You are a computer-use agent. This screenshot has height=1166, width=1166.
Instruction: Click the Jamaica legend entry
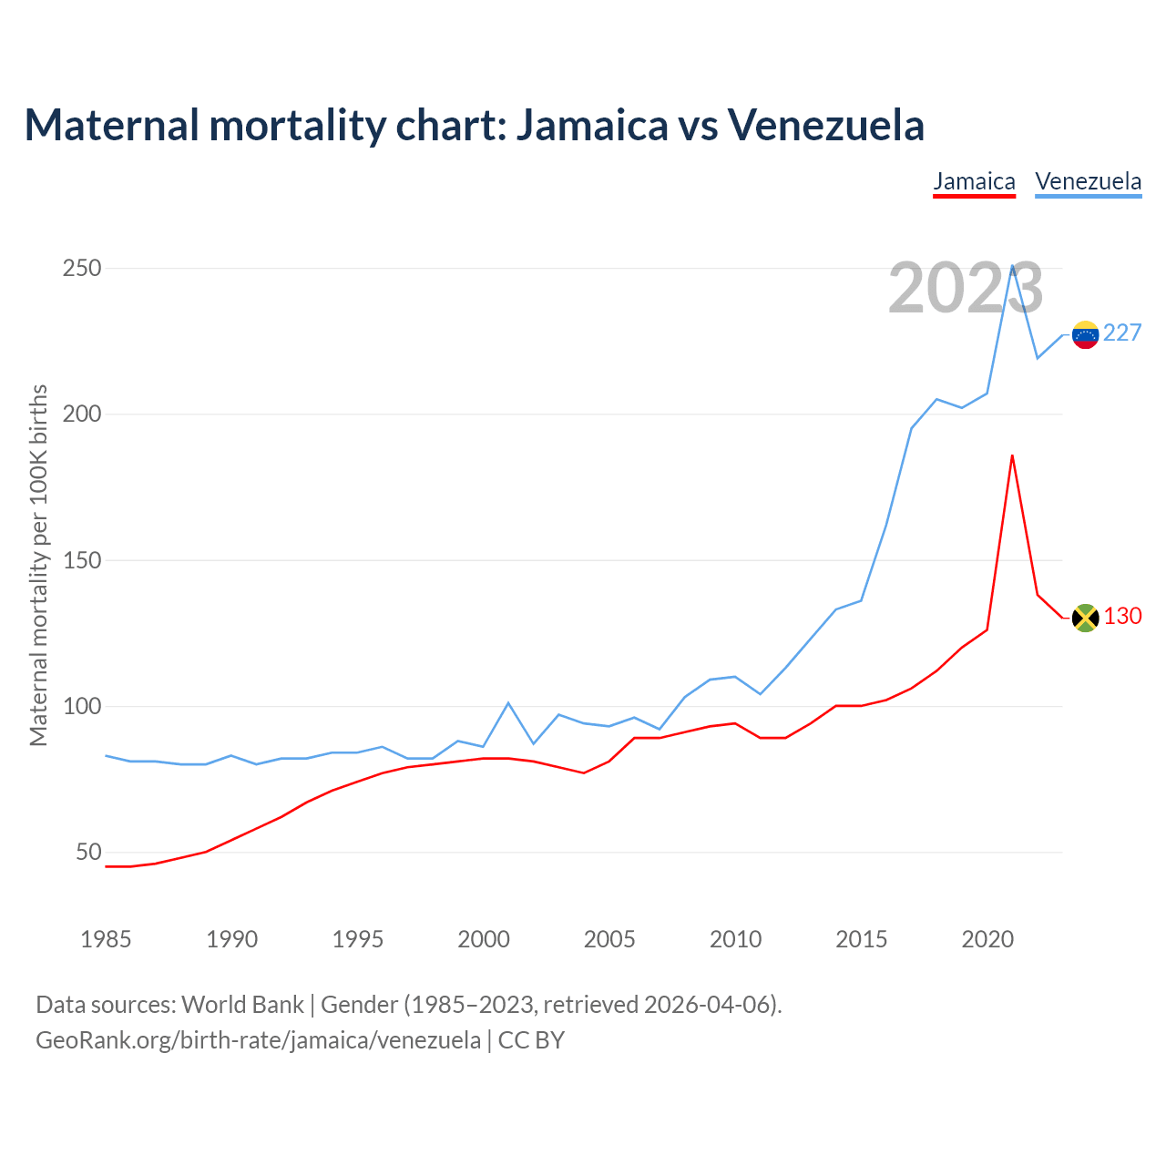pyautogui.click(x=974, y=181)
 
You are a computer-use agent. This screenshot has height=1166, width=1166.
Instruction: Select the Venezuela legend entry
pyautogui.click(x=1088, y=181)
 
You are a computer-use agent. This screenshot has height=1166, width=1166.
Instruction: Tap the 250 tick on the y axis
pyautogui.click(x=82, y=269)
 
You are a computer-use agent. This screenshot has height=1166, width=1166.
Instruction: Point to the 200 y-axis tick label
pyautogui.click(x=82, y=414)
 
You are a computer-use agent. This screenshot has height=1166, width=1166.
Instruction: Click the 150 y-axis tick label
pyautogui.click(x=82, y=561)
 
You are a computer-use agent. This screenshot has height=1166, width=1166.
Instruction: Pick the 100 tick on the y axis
pyautogui.click(x=82, y=707)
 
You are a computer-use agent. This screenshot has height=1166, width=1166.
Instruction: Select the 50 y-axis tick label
pyautogui.click(x=88, y=853)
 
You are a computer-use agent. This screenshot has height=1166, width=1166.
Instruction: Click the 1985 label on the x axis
pyautogui.click(x=106, y=939)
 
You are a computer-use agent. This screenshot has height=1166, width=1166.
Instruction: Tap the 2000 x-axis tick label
pyautogui.click(x=484, y=939)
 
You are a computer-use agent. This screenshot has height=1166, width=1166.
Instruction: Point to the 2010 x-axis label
pyautogui.click(x=735, y=939)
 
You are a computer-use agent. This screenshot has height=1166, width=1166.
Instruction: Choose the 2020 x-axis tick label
pyautogui.click(x=987, y=939)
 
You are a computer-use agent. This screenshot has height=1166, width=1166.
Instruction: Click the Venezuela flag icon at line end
pyautogui.click(x=1085, y=335)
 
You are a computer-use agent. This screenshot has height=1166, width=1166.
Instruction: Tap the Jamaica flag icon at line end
pyautogui.click(x=1085, y=619)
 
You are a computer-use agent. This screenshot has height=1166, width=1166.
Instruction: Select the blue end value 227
pyautogui.click(x=1122, y=333)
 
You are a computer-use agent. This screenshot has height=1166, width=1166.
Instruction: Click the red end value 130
pyautogui.click(x=1122, y=617)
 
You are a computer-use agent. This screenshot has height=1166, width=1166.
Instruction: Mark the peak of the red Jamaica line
pyautogui.click(x=1012, y=455)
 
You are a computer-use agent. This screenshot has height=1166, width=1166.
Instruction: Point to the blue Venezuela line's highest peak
pyautogui.click(x=1013, y=266)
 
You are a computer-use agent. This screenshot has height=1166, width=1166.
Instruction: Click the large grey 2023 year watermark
pyautogui.click(x=966, y=289)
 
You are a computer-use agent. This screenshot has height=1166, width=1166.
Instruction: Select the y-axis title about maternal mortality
pyautogui.click(x=38, y=565)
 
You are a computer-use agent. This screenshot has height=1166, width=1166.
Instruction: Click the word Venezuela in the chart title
pyautogui.click(x=825, y=125)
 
